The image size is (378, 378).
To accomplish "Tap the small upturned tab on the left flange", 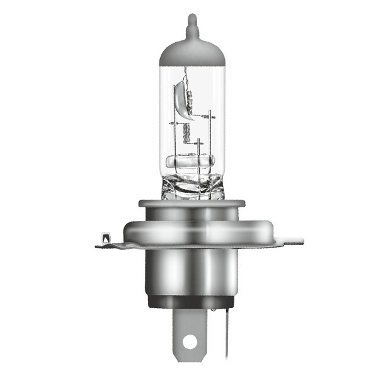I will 105,238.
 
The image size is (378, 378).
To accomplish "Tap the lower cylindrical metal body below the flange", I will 189,271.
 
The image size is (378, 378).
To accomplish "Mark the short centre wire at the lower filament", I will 198,151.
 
